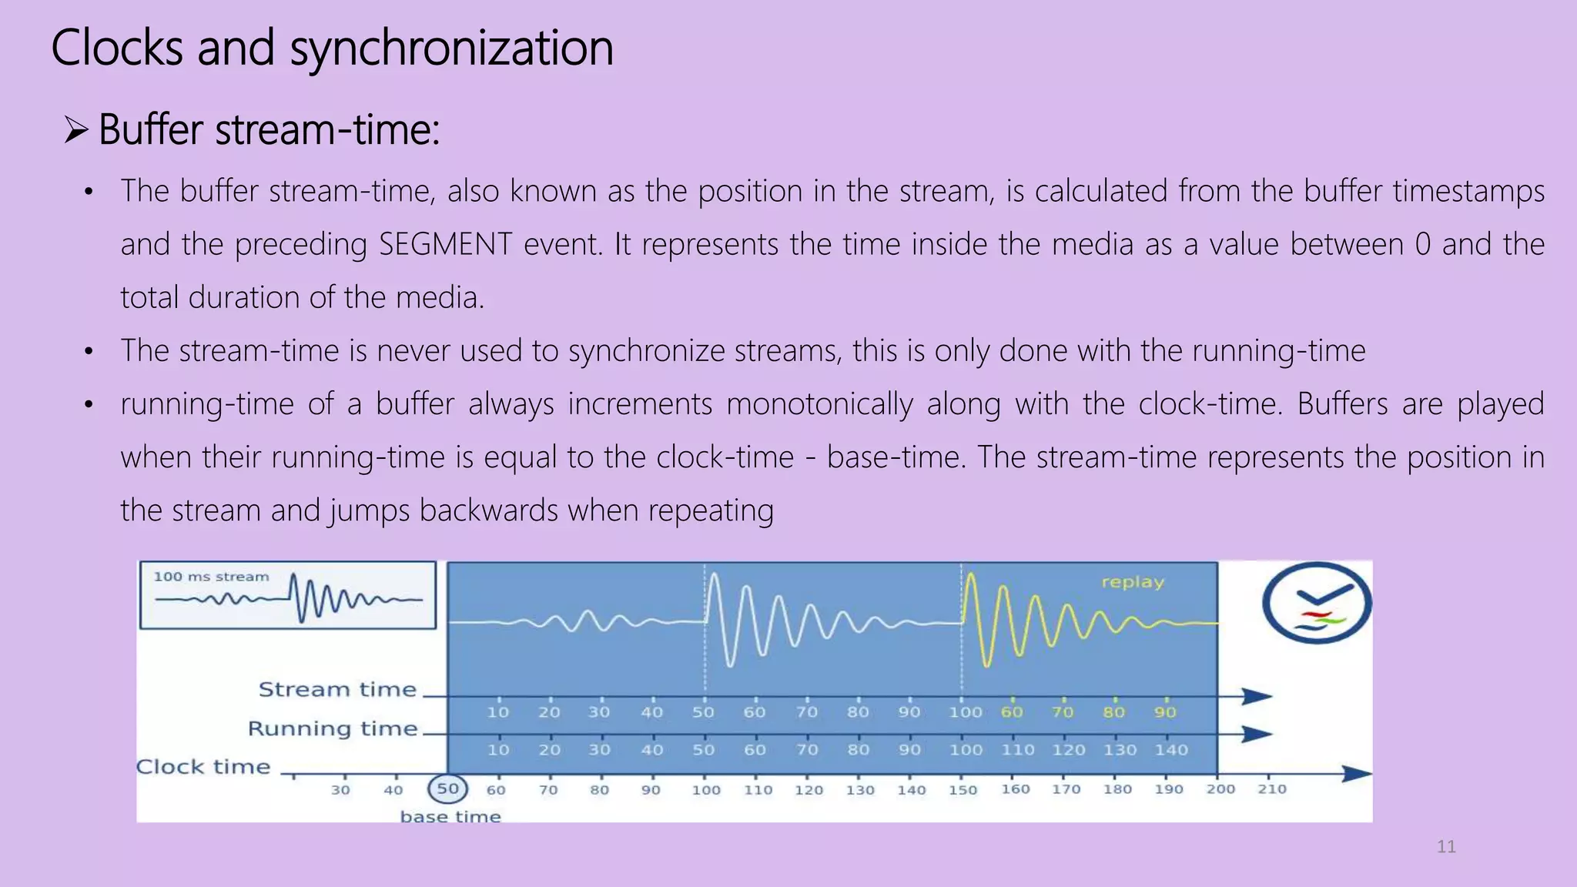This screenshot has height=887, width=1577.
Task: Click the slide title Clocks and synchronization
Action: coord(332,48)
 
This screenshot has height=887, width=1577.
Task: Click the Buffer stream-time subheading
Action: coord(269,129)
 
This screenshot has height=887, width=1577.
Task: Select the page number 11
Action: coord(1446,847)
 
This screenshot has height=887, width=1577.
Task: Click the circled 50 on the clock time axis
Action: coord(447,788)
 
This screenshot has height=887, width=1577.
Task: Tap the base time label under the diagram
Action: coord(450,816)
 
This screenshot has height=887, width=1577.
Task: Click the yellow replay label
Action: coord(1132,582)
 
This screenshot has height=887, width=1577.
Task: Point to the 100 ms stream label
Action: coord(211,577)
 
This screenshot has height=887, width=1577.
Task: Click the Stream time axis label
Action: coord(337,689)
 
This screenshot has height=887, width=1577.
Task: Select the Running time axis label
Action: coord(332,728)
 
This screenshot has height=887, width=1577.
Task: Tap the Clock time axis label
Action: coord(203,767)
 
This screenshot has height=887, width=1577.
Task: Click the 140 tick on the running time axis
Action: coord(1170,749)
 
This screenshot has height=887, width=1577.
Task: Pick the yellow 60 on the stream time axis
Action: coord(1012,712)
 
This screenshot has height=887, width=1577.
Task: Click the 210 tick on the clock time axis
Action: coord(1271,788)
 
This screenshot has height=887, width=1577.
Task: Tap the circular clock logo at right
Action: coord(1316,603)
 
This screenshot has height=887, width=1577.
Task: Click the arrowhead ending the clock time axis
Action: coord(1357,773)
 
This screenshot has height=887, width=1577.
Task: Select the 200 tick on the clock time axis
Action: coord(1220,788)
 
